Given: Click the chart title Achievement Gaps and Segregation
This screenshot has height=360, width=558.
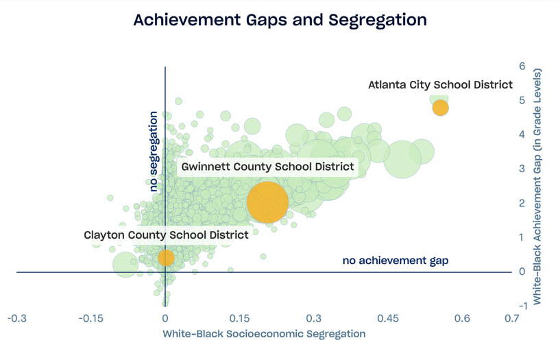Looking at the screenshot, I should tap(280, 20).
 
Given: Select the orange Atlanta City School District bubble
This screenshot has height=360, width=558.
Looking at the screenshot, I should tap(439, 108).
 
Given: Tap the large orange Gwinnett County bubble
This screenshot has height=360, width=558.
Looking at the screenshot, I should tap(267, 202).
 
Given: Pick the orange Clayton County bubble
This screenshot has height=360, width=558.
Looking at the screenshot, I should tap(166, 257).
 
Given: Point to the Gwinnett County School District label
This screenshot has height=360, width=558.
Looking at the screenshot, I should tap(267, 167).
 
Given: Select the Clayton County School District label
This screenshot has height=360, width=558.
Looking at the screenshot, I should tap(166, 235).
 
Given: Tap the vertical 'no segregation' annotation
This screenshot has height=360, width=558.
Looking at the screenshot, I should tap(154, 151).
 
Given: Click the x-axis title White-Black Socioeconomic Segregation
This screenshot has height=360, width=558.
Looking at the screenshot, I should tap(264, 334).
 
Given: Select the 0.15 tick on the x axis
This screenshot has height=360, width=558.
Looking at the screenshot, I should tap(240, 319).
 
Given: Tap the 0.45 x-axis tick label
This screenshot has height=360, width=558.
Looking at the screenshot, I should tap(388, 319).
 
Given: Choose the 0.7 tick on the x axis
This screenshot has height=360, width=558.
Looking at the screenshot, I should tap(511, 319).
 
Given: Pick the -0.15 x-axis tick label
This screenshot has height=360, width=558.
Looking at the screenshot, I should tap(90, 319).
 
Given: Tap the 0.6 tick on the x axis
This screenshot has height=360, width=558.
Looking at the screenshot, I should tap(463, 319).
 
